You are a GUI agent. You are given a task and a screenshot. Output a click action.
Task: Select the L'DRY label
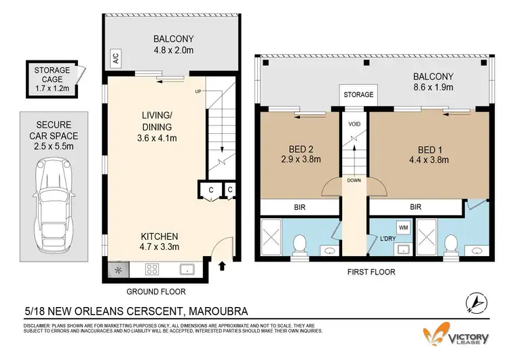388,239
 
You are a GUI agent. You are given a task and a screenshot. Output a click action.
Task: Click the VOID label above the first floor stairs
353,125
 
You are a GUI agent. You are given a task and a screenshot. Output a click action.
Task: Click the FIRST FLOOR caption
371,272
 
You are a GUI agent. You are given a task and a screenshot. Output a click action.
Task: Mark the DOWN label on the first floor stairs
353,181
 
